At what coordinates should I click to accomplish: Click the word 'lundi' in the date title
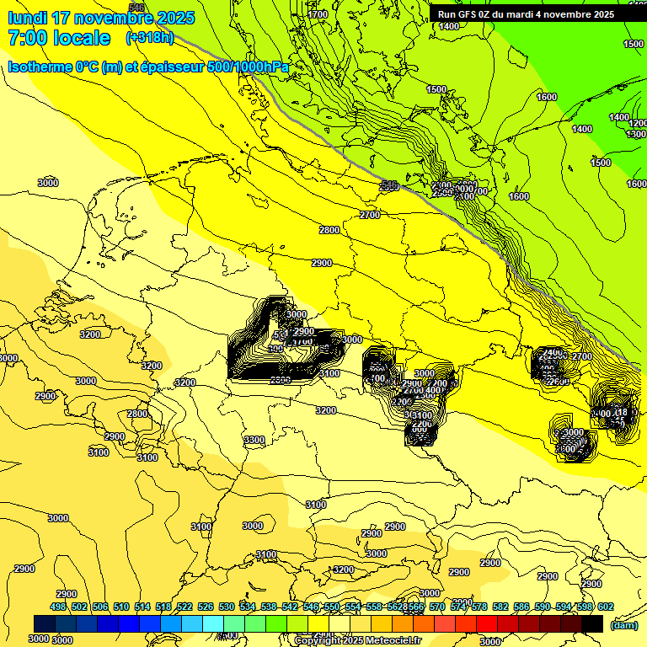[x=27, y=18]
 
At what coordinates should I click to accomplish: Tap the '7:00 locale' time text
[x=59, y=38]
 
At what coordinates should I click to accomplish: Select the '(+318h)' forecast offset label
[x=150, y=38]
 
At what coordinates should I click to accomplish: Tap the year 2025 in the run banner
[x=599, y=14]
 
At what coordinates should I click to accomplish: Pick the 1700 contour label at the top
[x=318, y=14]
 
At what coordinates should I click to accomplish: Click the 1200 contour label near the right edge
[x=638, y=123]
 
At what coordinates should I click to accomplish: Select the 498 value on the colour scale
[x=58, y=607]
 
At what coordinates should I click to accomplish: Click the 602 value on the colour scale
[x=605, y=607]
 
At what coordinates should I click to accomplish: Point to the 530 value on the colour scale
[x=227, y=607]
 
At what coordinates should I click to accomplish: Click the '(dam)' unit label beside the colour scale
[x=623, y=625]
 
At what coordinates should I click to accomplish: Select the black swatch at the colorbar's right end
[x=592, y=623]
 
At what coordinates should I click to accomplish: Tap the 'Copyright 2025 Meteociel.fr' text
[x=357, y=640]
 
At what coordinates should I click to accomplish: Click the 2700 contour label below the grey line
[x=370, y=216]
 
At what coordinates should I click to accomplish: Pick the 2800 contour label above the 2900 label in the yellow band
[x=329, y=230]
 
